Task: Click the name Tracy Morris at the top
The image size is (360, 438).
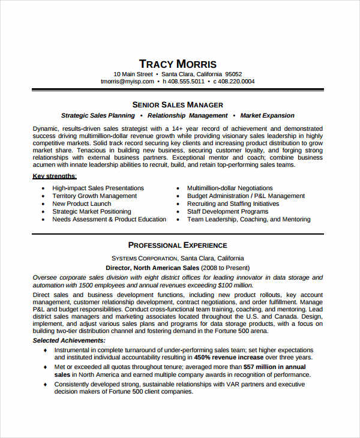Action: (178, 64)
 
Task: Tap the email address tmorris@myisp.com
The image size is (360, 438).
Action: (127, 82)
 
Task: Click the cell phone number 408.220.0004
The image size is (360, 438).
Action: (236, 82)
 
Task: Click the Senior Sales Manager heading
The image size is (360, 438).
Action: (178, 104)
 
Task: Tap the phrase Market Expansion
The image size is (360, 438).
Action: (267, 115)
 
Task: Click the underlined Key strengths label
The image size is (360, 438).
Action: (54, 176)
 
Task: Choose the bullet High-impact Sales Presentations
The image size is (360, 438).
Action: (98, 188)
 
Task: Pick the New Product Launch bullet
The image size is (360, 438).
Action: (82, 203)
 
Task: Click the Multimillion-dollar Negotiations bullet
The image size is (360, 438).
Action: (230, 188)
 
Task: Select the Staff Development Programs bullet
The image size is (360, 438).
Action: (227, 211)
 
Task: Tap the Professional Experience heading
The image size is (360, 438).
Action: (178, 245)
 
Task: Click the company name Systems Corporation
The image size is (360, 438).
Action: (153, 258)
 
